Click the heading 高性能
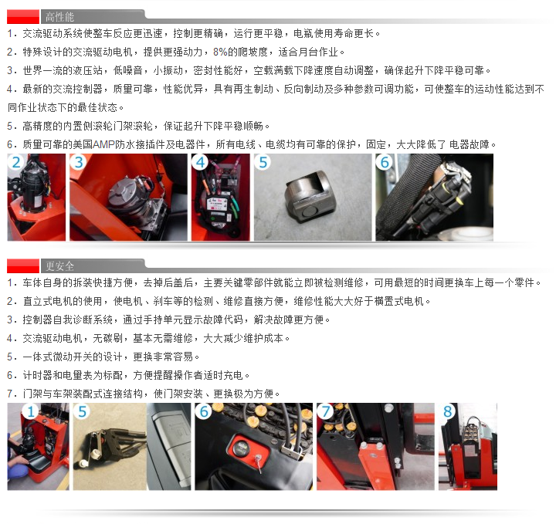pyautogui.click(x=59, y=17)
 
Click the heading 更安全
pyautogui.click(x=59, y=265)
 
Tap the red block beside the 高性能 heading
pyautogui.click(x=23, y=17)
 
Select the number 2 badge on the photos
pyautogui.click(x=16, y=162)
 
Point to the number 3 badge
pyautogui.click(x=78, y=162)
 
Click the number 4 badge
pyautogui.click(x=200, y=162)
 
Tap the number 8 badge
pyautogui.click(x=447, y=411)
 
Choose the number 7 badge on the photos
pyautogui.click(x=326, y=411)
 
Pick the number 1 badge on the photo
pyautogui.click(x=30, y=411)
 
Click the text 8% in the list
pyautogui.click(x=220, y=52)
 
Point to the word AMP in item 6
pyautogui.click(x=103, y=144)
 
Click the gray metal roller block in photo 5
pyautogui.click(x=310, y=194)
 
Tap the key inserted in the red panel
pyautogui.click(x=259, y=461)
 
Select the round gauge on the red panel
pyautogui.click(x=242, y=447)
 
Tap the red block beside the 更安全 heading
pyautogui.click(x=23, y=266)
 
